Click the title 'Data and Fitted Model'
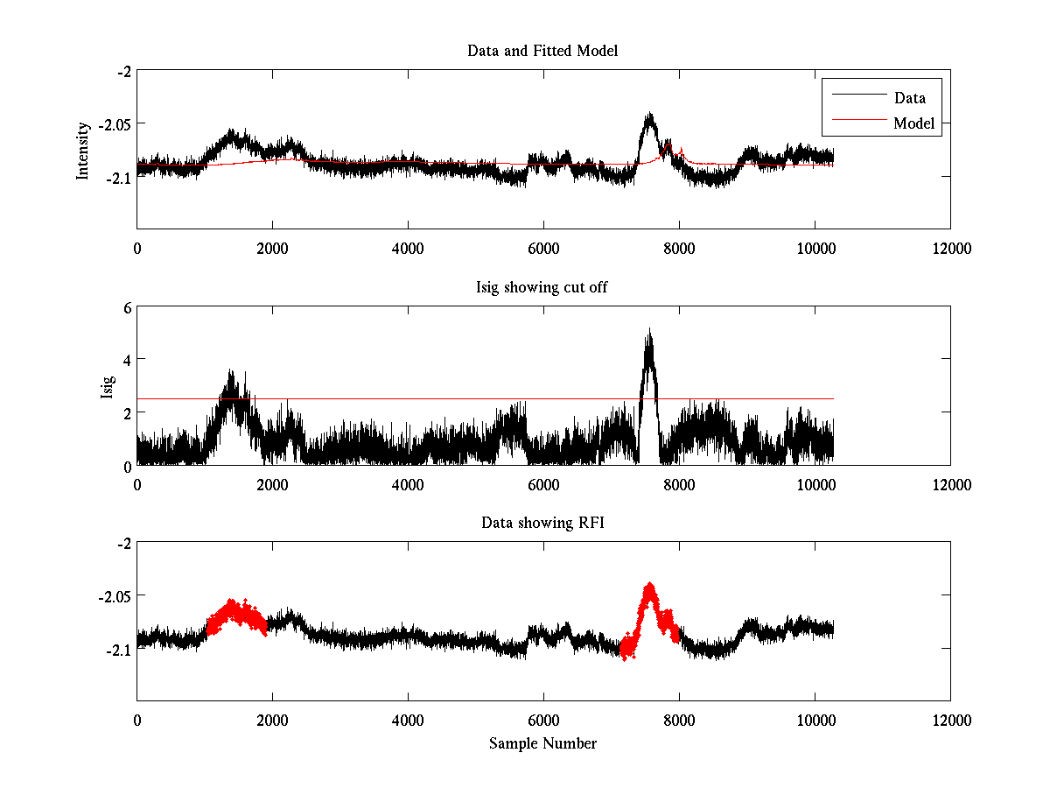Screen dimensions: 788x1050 542,51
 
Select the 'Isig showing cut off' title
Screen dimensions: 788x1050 542,287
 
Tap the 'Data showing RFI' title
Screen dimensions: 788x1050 542,523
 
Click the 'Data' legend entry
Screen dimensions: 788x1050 909,97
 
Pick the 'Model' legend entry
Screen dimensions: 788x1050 913,123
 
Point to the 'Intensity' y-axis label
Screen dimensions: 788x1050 83,150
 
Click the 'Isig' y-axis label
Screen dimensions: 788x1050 107,385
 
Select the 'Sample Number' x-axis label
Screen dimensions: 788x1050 542,743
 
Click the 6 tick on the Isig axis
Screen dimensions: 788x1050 126,307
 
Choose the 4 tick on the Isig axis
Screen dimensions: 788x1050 126,359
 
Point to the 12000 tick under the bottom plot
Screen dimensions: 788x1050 950,721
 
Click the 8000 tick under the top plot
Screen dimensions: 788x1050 679,249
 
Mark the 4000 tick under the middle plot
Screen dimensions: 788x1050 408,484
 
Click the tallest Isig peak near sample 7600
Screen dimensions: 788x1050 649,333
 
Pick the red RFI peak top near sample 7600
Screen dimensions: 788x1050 650,586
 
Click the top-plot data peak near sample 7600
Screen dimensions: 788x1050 649,116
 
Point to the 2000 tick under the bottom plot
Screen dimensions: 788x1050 272,721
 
